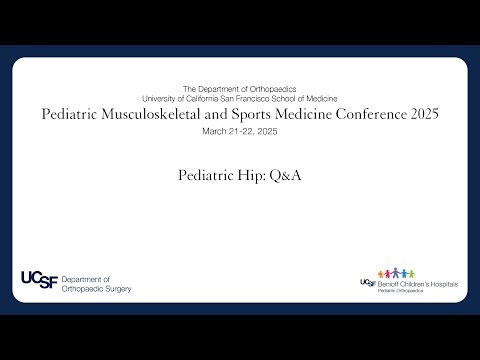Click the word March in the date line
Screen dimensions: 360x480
tap(214, 131)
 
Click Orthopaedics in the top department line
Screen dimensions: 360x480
tap(271, 89)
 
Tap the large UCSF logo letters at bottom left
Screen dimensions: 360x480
tap(38, 282)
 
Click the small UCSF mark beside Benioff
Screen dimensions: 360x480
tap(367, 283)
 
